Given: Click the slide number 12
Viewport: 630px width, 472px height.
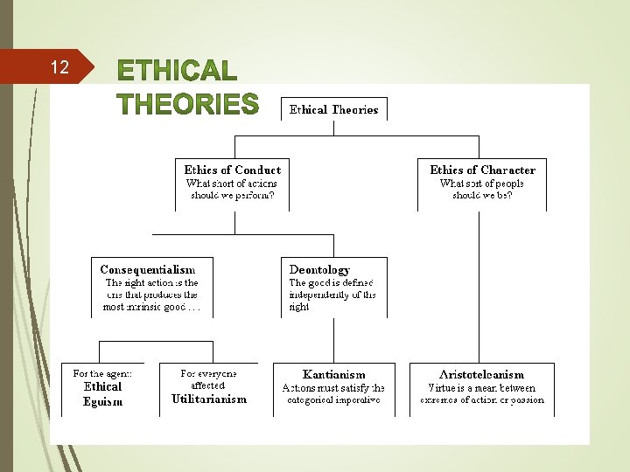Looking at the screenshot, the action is coord(59,67).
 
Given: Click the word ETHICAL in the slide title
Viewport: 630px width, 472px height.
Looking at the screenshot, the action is coord(178,71).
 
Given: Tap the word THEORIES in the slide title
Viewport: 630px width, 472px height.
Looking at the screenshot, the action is coord(188,105).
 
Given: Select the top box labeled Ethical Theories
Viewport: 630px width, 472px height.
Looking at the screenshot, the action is coord(334,109).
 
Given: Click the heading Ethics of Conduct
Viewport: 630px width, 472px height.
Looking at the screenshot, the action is coord(233,170).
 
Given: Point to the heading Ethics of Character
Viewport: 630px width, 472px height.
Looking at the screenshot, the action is coord(482,170).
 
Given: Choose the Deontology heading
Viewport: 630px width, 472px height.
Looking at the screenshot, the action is coord(319,269).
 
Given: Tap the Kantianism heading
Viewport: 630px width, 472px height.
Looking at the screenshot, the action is coord(333,374).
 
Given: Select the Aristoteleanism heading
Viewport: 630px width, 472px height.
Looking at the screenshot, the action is coord(481,374).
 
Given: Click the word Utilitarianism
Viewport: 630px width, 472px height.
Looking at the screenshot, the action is coord(209,399).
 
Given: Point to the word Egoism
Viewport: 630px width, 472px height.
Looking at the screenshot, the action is coord(103,402).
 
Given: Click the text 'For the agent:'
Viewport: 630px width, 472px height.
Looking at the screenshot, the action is coord(102,373).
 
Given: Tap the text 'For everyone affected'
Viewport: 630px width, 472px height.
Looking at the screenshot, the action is coord(208,378).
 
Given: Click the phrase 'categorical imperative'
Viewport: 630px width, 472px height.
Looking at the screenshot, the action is coord(333,400).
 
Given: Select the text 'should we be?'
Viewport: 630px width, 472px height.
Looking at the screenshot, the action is coord(482,195).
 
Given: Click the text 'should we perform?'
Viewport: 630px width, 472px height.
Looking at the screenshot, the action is coord(233,195).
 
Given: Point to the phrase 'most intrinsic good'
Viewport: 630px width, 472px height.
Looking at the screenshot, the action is coord(144,307).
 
